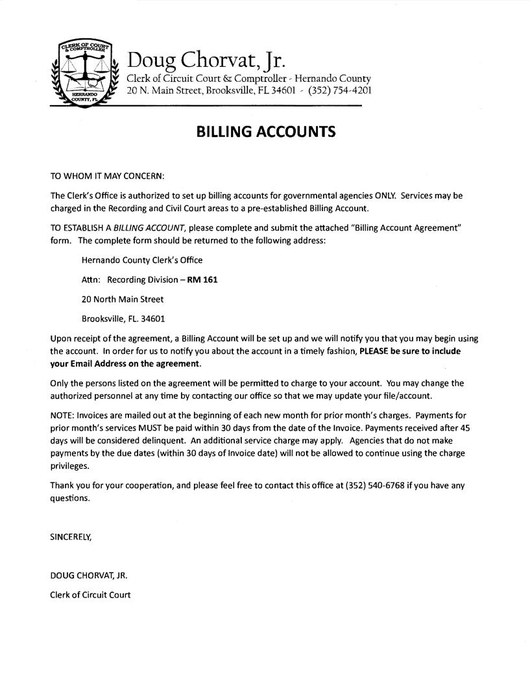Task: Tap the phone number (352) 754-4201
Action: click(x=340, y=90)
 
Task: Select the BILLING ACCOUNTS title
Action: click(x=266, y=132)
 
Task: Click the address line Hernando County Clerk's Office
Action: click(x=142, y=260)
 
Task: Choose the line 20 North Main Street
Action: click(x=123, y=299)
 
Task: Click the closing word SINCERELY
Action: click(x=71, y=537)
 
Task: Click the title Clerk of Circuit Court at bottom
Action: click(x=90, y=594)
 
